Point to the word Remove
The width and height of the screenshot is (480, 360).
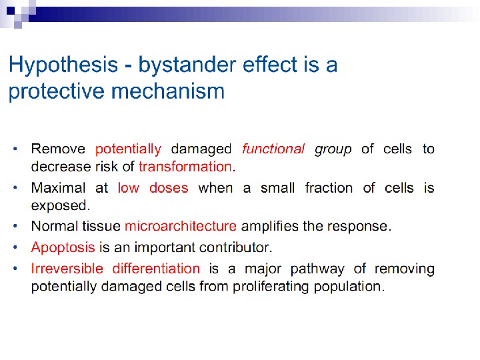[x=59, y=149]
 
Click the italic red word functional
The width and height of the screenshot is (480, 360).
[x=273, y=149]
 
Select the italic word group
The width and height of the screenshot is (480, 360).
[x=333, y=149]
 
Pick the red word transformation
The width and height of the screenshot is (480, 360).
[x=185, y=166]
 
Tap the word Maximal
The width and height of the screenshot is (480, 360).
[x=59, y=188]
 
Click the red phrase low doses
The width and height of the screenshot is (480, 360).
[x=153, y=188]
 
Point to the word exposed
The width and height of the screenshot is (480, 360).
[x=59, y=205]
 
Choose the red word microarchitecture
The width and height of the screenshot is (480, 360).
[x=180, y=226]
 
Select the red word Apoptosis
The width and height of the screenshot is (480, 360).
[x=63, y=248]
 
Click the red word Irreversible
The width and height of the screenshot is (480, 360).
[x=67, y=269]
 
